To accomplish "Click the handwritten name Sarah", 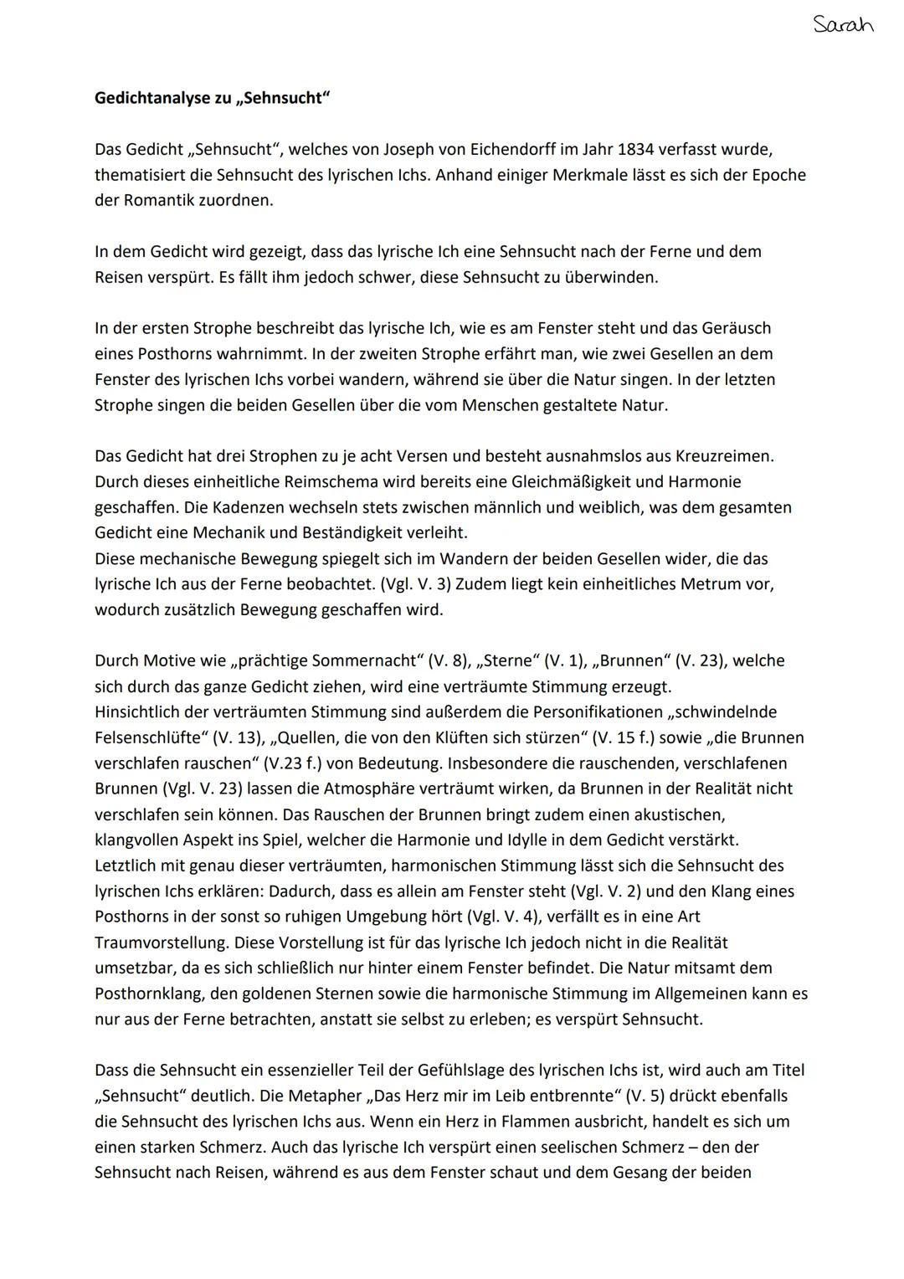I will [843, 24].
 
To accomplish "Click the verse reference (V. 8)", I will [447, 661].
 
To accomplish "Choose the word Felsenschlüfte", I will [143, 737].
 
